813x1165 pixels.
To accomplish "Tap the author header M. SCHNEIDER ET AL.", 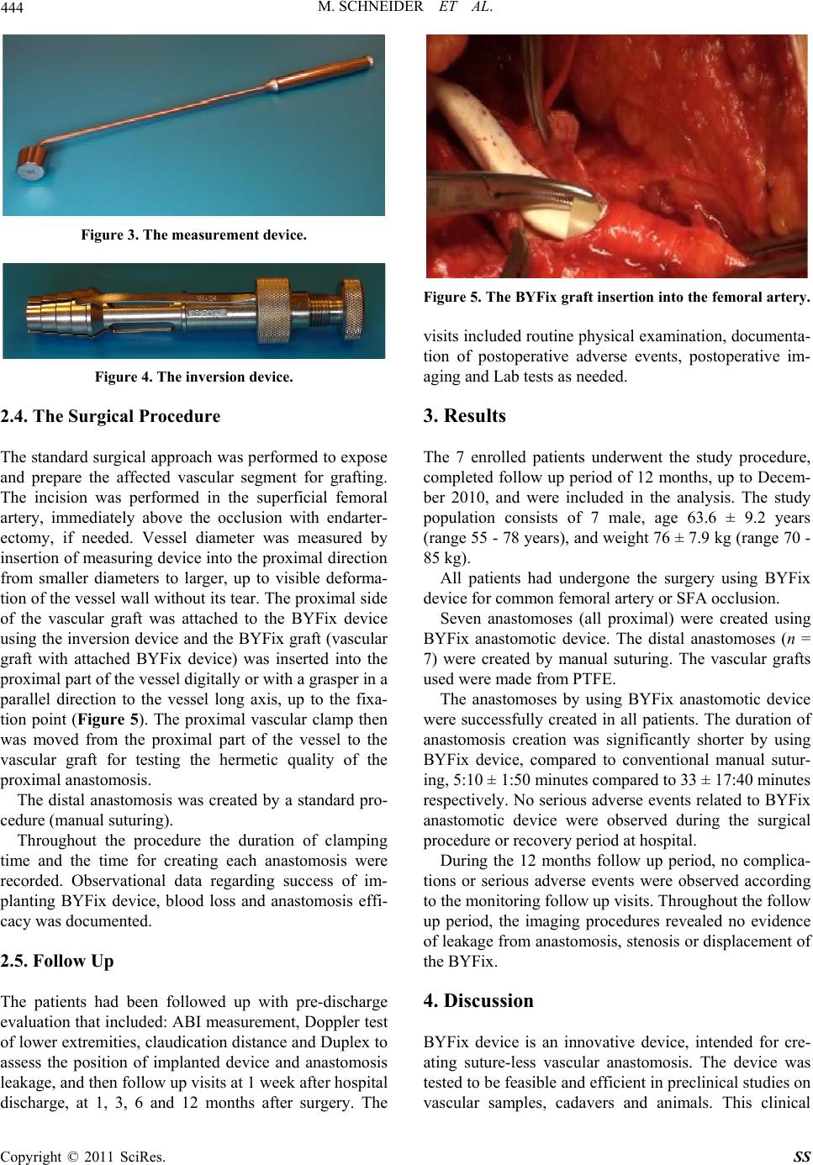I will point(406,9).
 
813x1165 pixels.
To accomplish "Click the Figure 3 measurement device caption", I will point(193,235).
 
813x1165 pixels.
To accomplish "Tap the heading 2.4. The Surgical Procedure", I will point(111,416).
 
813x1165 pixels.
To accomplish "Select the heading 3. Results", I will point(465,416).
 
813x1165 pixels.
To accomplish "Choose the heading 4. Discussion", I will point(478,1001).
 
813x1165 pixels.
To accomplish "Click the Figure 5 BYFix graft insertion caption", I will point(618,297).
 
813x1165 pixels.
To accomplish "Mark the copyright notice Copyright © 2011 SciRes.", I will point(84,1155).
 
